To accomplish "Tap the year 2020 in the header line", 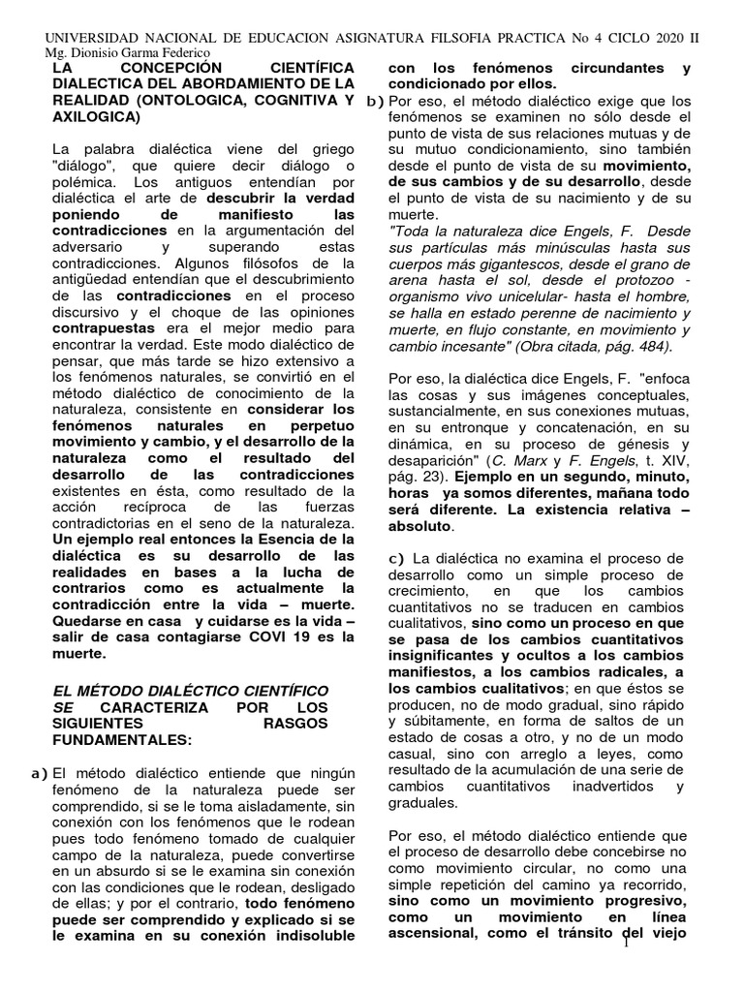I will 658,37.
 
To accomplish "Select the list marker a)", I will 37,772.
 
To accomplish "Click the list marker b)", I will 374,101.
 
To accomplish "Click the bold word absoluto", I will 419,526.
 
